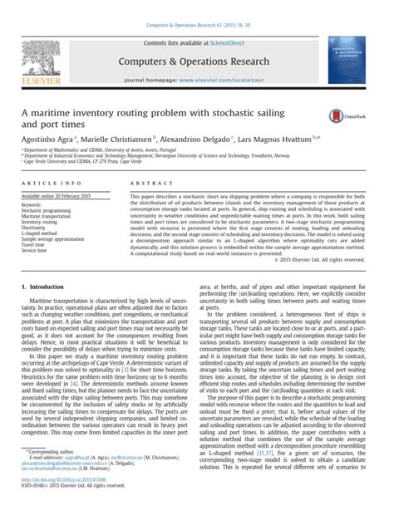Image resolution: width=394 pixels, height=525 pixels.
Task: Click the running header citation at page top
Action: pos(196,6)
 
